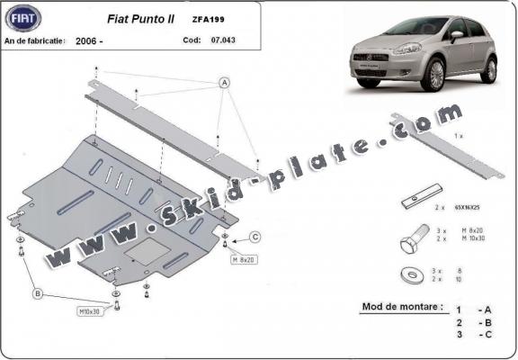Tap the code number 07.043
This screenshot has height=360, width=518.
click(224, 40)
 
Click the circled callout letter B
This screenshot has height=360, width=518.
click(37, 293)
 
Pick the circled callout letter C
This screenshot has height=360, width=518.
click(255, 238)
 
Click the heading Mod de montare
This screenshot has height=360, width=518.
click(403, 306)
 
